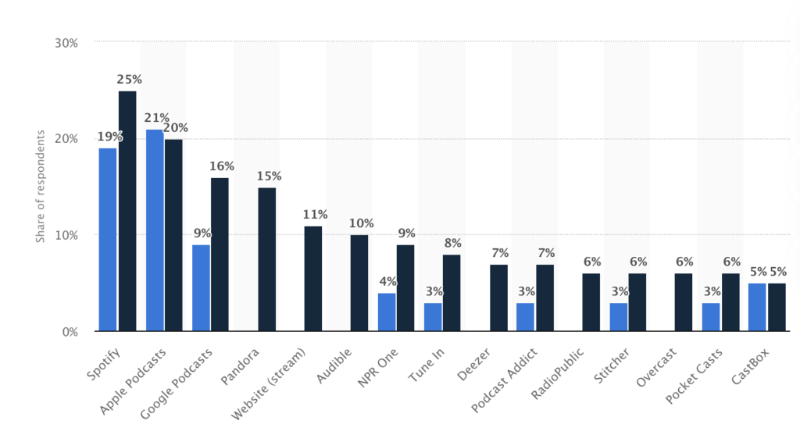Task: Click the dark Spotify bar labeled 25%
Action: [x=127, y=211]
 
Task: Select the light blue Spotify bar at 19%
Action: [x=108, y=240]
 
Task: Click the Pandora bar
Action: [x=266, y=259]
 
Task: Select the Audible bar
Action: [x=359, y=283]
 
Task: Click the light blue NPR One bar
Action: [x=387, y=312]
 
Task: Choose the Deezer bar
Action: [x=498, y=298]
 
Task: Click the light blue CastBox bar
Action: [x=757, y=307]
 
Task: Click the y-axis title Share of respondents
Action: [x=40, y=186]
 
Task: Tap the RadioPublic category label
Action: [x=558, y=373]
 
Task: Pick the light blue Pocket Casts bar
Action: [x=711, y=316]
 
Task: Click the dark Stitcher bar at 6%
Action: [x=637, y=302]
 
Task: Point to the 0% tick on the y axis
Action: [x=70, y=332]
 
